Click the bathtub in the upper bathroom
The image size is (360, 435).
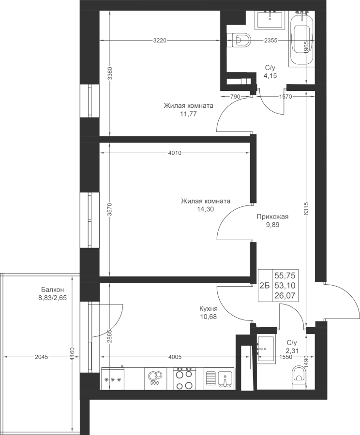301,39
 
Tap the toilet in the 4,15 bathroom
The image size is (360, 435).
239,40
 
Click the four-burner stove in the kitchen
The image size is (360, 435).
184,378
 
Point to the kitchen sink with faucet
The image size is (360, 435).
220,378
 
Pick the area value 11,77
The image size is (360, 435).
188,114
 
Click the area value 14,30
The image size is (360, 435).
205,209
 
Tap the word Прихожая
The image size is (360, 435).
272,217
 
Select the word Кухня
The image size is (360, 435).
208,309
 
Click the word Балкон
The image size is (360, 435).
52,290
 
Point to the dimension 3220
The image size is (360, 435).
160,41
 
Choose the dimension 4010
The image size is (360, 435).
175,153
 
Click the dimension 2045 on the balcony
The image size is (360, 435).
42,357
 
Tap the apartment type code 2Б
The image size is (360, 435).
265,286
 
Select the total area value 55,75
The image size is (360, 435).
285,276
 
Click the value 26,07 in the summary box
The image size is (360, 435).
285,295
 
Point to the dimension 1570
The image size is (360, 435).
285,97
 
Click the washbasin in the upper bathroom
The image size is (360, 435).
270,19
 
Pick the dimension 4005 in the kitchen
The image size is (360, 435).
175,357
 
